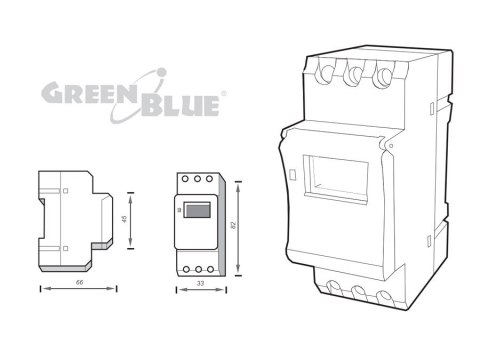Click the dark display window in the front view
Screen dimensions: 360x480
point(197,209)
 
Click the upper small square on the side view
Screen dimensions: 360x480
point(65,191)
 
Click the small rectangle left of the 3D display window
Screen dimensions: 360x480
point(292,176)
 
